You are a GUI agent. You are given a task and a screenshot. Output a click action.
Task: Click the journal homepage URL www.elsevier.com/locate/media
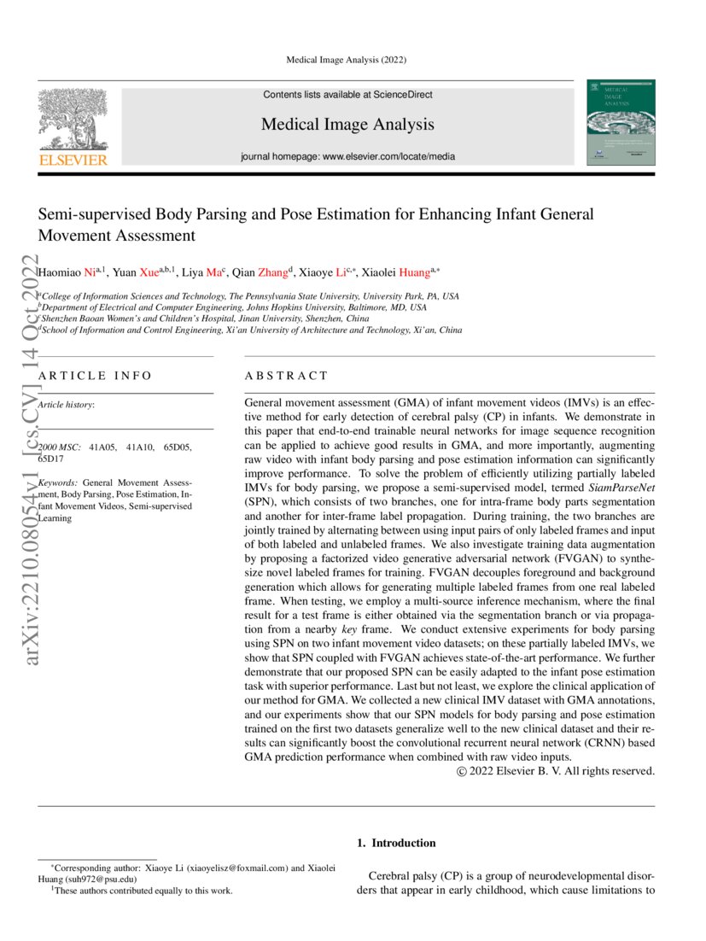coord(388,156)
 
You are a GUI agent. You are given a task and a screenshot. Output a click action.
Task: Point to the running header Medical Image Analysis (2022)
coord(347,60)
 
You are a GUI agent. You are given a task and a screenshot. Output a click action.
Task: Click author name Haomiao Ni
coord(68,273)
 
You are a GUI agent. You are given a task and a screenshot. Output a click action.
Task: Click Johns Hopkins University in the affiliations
coord(311,307)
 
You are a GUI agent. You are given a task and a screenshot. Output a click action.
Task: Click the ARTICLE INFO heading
coord(95,376)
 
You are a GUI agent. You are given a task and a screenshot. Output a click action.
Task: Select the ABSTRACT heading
coord(286,376)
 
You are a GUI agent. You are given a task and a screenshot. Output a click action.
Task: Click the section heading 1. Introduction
coord(395,843)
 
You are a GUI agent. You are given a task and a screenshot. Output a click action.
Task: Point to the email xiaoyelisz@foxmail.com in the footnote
coord(235,868)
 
